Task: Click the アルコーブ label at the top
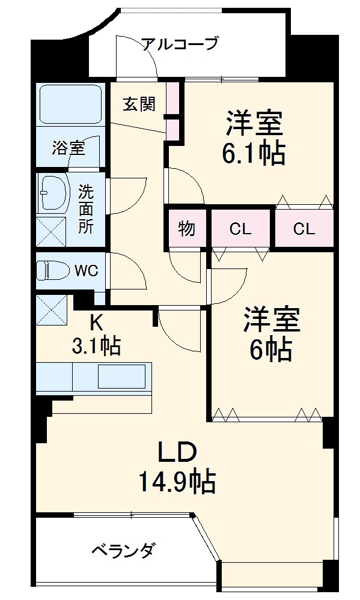pos(179,44)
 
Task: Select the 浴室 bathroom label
pos(68,147)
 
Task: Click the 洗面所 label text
pos(86,210)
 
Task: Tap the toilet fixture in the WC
pos(47,271)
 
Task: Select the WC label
pos(86,270)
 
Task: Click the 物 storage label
pos(186,228)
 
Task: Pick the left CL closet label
pos(240,228)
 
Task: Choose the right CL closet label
pos(304,228)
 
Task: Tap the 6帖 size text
pos(272,350)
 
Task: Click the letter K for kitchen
pos(96,323)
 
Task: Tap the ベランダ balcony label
pos(125,550)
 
